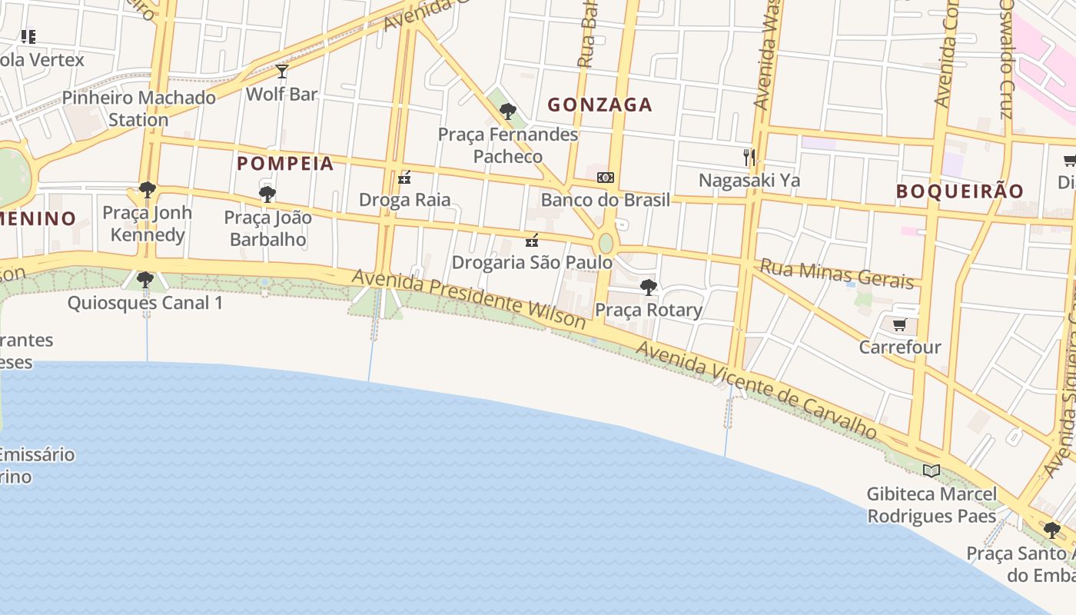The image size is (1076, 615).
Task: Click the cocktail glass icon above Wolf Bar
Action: click(282, 71)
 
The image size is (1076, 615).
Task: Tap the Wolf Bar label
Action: click(281, 94)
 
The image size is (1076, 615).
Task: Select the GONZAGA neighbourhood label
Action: click(599, 105)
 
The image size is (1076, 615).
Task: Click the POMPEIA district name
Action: click(285, 163)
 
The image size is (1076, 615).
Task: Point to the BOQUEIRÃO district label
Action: click(960, 191)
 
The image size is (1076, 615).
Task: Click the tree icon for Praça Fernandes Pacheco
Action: click(507, 111)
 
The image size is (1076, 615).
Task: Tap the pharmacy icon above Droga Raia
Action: click(404, 178)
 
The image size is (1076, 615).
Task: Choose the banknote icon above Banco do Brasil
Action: click(605, 178)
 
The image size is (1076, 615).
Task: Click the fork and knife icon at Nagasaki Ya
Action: click(749, 158)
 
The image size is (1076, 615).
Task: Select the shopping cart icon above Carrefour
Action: click(899, 324)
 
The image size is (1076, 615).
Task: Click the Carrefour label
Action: click(899, 347)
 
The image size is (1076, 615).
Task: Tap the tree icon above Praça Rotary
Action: click(648, 288)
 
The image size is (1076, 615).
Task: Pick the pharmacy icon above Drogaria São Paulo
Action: click(531, 241)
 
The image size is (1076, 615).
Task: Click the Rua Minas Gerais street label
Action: click(837, 274)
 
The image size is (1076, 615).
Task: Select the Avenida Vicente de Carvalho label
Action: click(756, 391)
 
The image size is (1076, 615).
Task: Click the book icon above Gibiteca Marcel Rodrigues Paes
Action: click(931, 470)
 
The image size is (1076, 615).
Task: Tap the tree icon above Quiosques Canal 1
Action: click(144, 280)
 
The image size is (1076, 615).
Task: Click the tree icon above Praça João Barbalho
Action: click(267, 194)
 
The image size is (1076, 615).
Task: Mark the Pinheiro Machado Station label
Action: click(138, 108)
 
